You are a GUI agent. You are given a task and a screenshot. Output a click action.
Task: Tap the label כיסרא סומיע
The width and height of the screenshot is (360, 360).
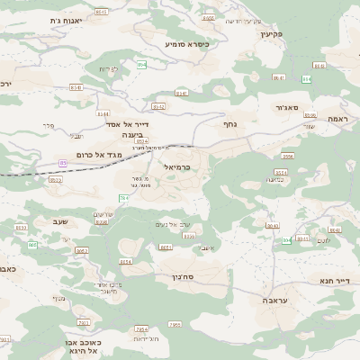pyautogui.click(x=187, y=43)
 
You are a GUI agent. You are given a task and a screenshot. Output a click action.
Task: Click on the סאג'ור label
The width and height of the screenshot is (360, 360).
pyautogui.click(x=286, y=107)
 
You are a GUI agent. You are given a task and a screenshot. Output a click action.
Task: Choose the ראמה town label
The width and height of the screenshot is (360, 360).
pyautogui.click(x=337, y=118)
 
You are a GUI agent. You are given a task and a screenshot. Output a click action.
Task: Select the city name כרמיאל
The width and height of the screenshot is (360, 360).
pyautogui.click(x=177, y=167)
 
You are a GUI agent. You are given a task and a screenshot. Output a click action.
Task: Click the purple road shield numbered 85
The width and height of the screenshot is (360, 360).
pyautogui.click(x=63, y=163)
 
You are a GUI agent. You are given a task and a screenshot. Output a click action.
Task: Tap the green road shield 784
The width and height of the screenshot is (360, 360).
pyautogui.click(x=124, y=197)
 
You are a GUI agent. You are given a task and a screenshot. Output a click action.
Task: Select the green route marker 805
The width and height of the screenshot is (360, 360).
pyautogui.click(x=32, y=244)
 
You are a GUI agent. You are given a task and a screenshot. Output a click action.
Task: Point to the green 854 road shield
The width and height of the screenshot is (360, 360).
pyautogui.click(x=142, y=66)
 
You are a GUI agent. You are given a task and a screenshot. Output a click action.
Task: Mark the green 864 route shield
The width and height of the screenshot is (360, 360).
pyautogui.click(x=307, y=78)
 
